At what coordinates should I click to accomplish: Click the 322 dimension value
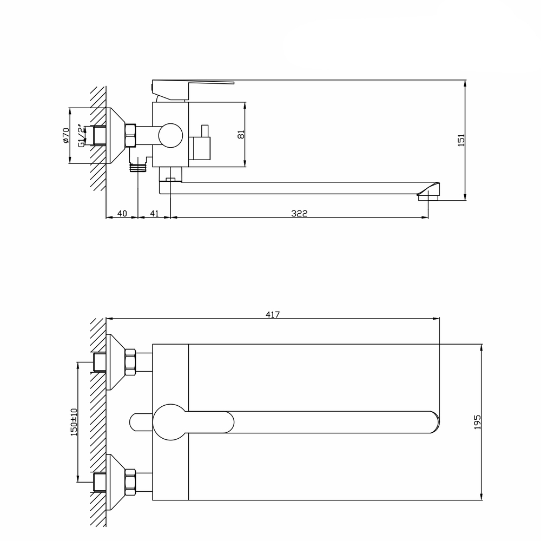pos(299,214)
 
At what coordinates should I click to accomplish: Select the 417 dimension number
pos(272,314)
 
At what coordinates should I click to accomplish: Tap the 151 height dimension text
pos(461,140)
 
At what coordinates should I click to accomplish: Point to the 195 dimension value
pos(477,421)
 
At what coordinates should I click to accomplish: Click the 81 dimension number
pos(241,134)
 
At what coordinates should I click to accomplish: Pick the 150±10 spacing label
pos(75,421)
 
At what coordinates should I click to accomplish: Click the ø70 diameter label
pos(66,135)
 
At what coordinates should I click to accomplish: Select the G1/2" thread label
pos(81,135)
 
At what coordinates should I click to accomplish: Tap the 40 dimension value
pos(122,214)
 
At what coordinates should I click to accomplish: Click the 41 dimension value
pos(154,214)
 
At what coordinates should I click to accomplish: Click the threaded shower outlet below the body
pos(139,165)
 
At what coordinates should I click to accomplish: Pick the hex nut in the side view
pos(130,135)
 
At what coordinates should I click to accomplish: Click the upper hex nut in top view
pos(130,362)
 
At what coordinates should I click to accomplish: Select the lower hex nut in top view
pos(130,481)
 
